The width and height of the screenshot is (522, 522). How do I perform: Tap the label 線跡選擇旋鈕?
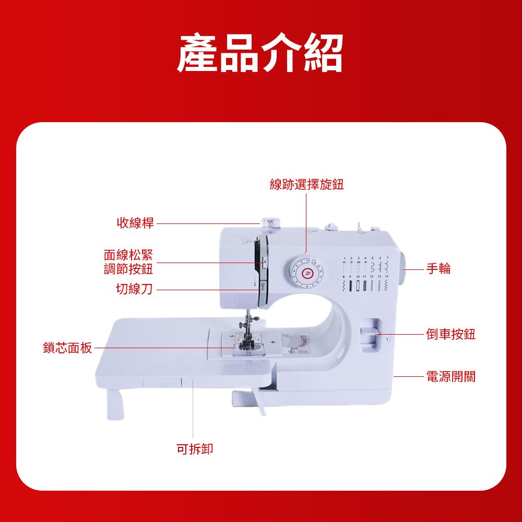306,184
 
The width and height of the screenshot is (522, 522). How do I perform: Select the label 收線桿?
135,223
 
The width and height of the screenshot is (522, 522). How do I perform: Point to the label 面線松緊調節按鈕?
128,262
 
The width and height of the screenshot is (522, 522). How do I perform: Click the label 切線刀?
135,289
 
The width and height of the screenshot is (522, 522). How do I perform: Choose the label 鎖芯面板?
67,348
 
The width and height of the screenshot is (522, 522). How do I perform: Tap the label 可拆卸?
195,449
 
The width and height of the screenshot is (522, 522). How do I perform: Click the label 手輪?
438,268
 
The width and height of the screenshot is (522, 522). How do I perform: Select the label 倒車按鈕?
451,334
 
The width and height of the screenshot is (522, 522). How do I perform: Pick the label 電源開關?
451,376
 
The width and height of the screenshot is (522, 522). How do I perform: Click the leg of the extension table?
115,404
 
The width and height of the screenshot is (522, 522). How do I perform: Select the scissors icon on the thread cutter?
263,286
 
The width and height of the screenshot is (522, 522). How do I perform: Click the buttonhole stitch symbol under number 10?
358,286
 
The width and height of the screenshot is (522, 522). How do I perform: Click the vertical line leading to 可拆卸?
193,409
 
